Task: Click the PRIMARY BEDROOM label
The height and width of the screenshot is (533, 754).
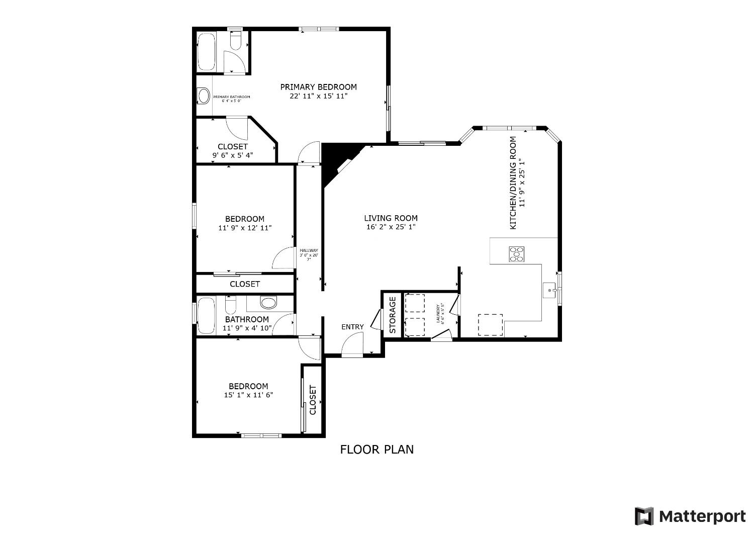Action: (x=318, y=87)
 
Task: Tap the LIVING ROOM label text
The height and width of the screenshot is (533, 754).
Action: (x=391, y=218)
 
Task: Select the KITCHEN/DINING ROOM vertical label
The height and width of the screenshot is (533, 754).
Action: (x=513, y=183)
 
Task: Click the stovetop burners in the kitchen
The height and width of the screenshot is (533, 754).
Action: (x=517, y=254)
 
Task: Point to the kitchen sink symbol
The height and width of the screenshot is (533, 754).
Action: (x=549, y=290)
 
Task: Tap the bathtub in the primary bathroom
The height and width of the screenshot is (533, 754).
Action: (x=206, y=52)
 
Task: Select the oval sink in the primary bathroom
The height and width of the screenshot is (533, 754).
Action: (x=204, y=96)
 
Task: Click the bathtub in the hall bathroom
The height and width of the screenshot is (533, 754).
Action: (x=206, y=316)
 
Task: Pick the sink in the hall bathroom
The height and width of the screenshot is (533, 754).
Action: (x=268, y=303)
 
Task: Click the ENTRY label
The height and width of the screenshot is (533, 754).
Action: (x=352, y=327)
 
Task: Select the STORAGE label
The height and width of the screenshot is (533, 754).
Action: (x=393, y=315)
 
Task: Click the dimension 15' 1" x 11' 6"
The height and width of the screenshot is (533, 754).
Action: (x=248, y=395)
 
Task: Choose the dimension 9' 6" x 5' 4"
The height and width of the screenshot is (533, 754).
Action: (x=232, y=155)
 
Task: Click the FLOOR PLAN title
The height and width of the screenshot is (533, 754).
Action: (x=376, y=449)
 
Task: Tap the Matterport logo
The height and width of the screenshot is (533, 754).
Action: (x=690, y=516)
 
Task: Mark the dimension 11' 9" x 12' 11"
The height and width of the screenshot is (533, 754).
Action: (x=245, y=228)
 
